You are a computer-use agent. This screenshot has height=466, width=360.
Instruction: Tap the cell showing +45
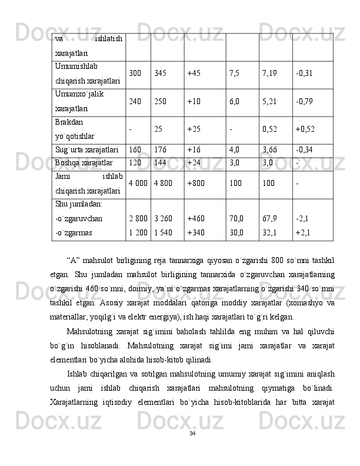click(194, 74)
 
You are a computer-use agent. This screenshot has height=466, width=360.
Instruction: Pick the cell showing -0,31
click(304, 74)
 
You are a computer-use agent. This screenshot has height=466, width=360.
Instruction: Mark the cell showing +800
click(196, 183)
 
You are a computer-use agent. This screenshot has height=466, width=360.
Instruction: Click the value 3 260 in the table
click(163, 218)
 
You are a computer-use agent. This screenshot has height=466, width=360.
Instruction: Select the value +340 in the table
click(196, 232)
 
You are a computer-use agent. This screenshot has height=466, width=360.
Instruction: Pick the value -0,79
click(304, 101)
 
